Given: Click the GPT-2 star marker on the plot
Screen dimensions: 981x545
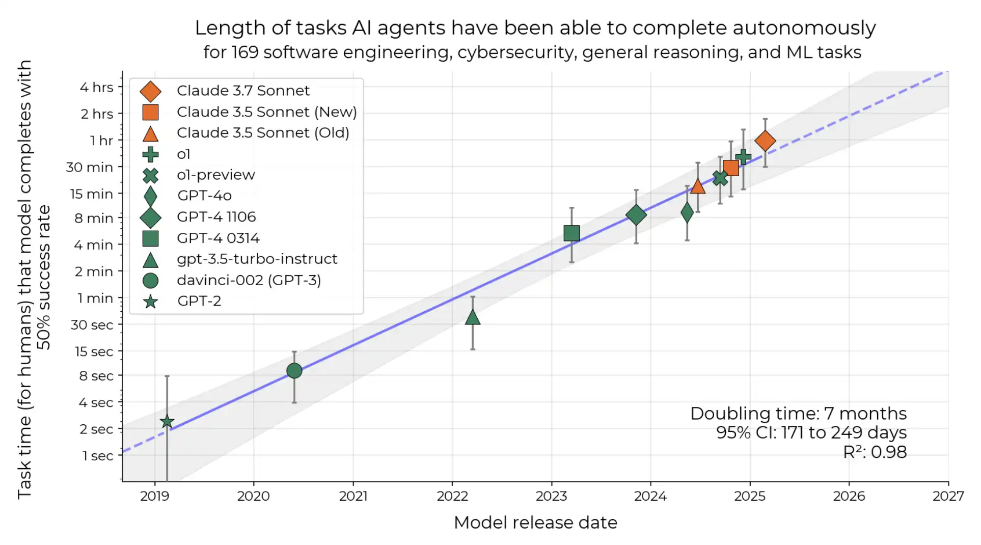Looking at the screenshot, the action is coord(167,422).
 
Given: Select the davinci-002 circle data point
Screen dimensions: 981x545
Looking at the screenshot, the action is coord(294,371).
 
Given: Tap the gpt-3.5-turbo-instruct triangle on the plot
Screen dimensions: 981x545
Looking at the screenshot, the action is coord(473,317).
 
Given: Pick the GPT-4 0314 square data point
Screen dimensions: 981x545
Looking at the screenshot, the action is coord(571,233).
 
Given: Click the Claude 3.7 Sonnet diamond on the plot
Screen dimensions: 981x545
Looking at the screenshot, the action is coord(765,141).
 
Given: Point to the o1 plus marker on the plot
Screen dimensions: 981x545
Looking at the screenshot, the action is coord(743,157).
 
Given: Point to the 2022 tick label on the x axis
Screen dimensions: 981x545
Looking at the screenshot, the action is coord(452,496).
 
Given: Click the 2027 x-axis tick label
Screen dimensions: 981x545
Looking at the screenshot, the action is coord(948,496).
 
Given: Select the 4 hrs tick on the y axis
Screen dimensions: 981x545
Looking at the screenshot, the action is coord(97,87).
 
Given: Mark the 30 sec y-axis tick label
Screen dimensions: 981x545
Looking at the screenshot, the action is coord(92,325).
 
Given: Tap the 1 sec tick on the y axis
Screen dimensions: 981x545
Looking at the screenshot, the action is coord(98,456).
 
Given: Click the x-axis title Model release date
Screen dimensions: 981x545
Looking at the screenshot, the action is coord(535,523).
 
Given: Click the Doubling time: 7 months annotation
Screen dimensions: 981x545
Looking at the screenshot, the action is coord(798,413).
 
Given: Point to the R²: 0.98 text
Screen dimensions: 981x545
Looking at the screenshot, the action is coord(875,452).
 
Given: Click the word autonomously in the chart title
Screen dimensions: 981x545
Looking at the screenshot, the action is coord(805,29).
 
